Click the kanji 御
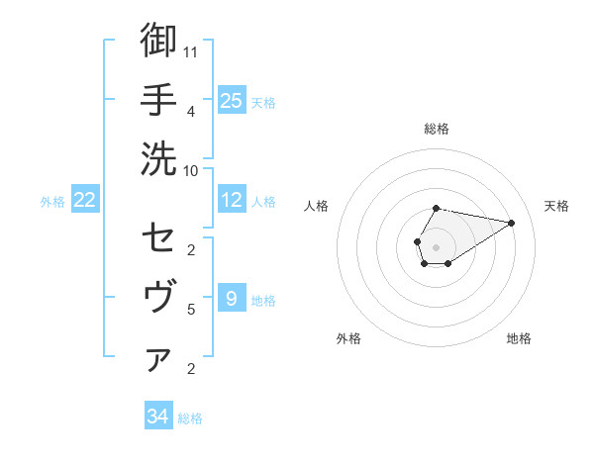pos(158,41)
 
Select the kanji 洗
pos(158,158)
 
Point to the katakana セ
pos(158,238)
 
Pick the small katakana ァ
pos(158,359)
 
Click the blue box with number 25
pos(232,100)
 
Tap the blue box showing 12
pos(232,201)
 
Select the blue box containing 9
pos(231,298)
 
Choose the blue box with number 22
pos(85,201)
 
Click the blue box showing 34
pos(158,417)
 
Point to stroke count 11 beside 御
pos(191,50)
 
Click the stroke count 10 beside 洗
pos(191,169)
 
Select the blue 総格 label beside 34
pos(190,418)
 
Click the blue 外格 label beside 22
pos(52,202)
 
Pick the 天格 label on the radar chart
pos(556,206)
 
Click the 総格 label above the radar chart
pos(437,129)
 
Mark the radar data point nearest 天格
pos(512,222)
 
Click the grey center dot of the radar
pos(436,245)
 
